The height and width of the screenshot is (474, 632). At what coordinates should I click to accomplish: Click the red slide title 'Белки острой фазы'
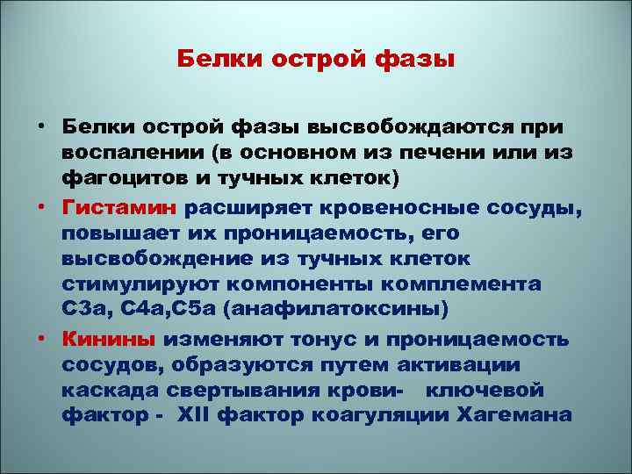[315, 61]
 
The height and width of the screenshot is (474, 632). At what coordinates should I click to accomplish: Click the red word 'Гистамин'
[119, 208]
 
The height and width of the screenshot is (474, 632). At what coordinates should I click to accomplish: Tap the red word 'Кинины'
[109, 340]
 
